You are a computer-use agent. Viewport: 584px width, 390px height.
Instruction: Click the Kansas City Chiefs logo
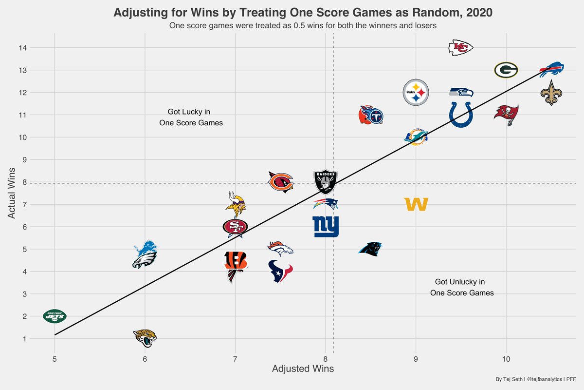[460, 47]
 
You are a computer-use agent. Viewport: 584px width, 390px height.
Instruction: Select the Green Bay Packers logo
[506, 70]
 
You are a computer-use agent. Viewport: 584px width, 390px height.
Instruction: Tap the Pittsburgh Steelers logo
[416, 92]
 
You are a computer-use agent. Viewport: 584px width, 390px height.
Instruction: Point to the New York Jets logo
[55, 316]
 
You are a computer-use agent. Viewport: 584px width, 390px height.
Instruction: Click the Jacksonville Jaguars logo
[145, 338]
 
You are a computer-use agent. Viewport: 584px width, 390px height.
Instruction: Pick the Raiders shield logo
[326, 182]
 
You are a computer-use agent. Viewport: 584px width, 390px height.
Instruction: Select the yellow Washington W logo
[416, 205]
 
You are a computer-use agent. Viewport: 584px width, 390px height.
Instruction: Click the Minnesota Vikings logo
[236, 204]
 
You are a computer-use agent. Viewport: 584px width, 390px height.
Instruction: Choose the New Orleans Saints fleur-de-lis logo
[551, 93]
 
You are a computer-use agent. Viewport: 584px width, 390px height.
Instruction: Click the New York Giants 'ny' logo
[326, 227]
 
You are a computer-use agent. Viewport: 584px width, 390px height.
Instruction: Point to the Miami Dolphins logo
[416, 137]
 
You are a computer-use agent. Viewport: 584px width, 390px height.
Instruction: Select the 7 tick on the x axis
[236, 359]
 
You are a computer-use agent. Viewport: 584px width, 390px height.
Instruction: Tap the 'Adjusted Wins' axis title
[303, 369]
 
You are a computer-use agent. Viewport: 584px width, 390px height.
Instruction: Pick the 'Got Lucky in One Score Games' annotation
[191, 117]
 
